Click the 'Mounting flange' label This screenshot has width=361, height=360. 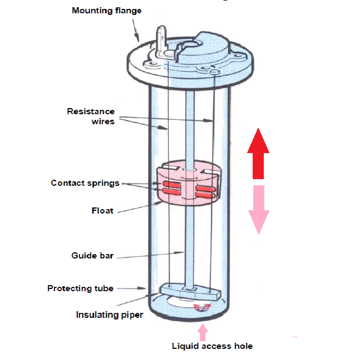point(107,11)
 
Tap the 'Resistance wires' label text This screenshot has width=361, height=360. point(91,116)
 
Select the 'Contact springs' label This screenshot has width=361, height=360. point(85,183)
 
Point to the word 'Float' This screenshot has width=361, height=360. point(103,211)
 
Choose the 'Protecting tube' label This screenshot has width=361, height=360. point(81,288)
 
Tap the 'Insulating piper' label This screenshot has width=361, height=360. point(109,315)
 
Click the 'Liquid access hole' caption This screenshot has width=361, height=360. point(212,346)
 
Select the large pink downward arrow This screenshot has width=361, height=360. point(258,210)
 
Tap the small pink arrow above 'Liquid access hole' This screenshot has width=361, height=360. point(203,331)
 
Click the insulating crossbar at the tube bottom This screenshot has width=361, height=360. point(189,291)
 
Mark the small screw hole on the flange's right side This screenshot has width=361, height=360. point(215,71)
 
